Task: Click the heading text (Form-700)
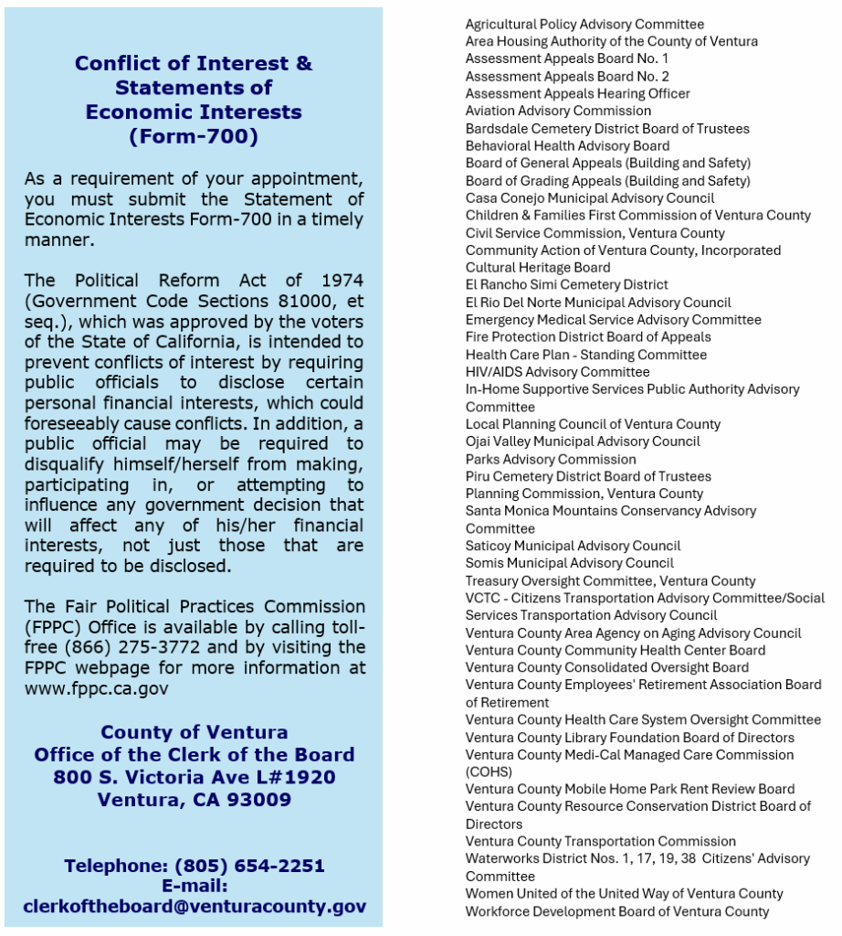(x=194, y=137)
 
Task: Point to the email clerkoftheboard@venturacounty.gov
(x=195, y=907)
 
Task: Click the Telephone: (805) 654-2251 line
(x=195, y=866)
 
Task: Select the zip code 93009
(x=260, y=800)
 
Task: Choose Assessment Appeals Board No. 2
(x=567, y=76)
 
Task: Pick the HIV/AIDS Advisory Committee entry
(x=557, y=371)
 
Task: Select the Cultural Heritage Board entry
(x=538, y=267)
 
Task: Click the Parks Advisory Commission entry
(x=551, y=459)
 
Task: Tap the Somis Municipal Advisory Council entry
(x=569, y=563)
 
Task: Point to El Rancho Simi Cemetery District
(x=566, y=284)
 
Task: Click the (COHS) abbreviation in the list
(x=487, y=772)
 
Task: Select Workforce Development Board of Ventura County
(x=617, y=910)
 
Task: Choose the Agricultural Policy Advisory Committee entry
(x=584, y=24)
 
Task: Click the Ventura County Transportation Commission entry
(x=600, y=841)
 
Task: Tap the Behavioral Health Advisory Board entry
(x=567, y=145)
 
